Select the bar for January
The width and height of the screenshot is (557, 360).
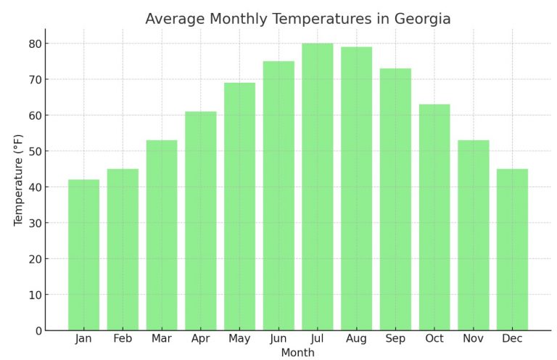(83, 255)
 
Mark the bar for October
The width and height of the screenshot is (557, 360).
(434, 217)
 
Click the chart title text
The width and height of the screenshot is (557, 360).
(297, 19)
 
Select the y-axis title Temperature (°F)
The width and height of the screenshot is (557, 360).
(19, 180)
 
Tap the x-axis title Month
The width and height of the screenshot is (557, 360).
(297, 353)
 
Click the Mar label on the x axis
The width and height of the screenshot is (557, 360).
(162, 339)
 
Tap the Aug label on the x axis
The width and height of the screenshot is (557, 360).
(356, 339)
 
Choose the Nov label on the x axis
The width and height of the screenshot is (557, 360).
(473, 339)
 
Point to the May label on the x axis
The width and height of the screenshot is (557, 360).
(239, 339)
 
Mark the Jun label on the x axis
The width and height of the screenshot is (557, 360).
(278, 339)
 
